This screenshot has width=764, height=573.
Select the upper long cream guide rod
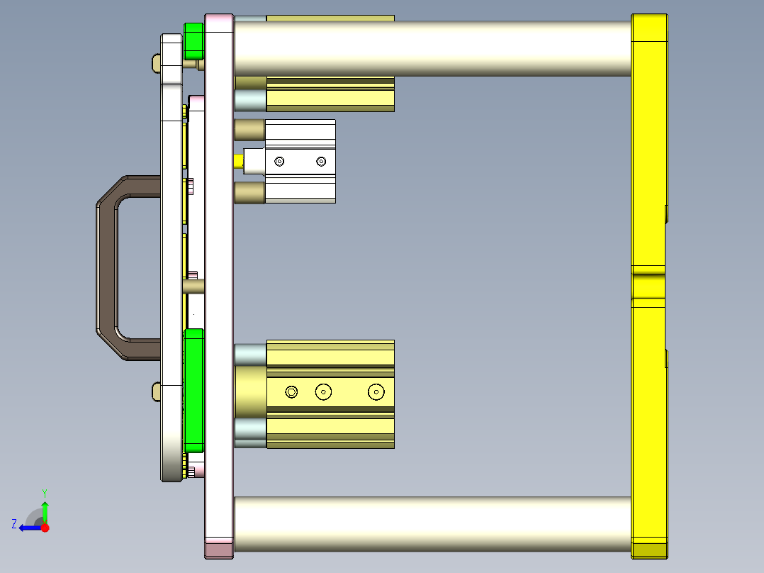(432, 48)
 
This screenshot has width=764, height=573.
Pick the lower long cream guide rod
(432, 525)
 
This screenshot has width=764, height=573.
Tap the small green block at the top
(193, 41)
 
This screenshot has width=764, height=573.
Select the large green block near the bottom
(193, 390)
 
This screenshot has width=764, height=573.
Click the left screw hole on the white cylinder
(279, 162)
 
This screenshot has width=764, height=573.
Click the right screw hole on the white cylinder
(321, 162)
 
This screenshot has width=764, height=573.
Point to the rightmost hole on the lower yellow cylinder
(376, 391)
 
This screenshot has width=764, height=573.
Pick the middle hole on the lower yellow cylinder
(324, 391)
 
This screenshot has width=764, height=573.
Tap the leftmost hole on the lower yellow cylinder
(291, 391)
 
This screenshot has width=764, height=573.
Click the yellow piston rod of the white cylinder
(238, 161)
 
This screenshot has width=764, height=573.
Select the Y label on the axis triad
(44, 492)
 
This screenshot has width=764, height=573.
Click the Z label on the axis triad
(14, 524)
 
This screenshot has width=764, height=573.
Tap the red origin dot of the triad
(45, 528)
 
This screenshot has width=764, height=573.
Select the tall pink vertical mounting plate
(219, 284)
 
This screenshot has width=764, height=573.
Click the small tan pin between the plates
(193, 286)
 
